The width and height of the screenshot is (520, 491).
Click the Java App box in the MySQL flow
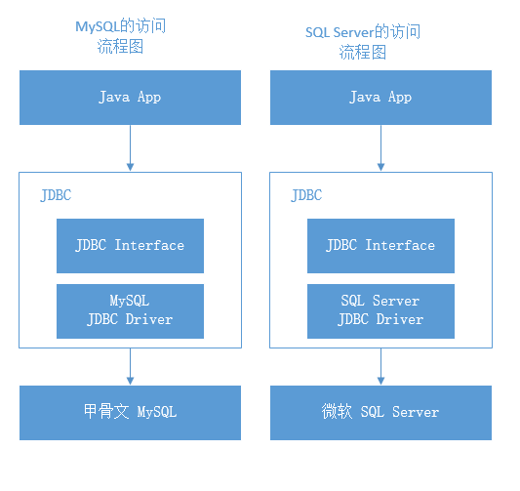(130, 97)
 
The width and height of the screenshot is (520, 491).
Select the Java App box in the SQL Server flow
(380, 97)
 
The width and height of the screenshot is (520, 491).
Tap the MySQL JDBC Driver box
(130, 310)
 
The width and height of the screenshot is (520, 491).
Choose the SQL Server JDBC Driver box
(380, 310)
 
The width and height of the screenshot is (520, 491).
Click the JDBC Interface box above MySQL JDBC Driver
(130, 245)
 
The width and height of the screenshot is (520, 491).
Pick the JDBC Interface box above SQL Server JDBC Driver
(380, 245)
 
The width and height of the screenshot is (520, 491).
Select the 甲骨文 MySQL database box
(130, 412)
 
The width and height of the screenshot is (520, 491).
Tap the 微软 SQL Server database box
(380, 412)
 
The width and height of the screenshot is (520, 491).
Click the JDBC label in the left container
(56, 195)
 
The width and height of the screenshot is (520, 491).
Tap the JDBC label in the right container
(306, 195)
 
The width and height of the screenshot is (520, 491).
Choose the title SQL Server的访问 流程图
(363, 42)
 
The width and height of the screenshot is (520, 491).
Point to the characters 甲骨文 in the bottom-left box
(104, 412)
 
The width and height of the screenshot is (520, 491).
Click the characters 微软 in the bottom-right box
(336, 412)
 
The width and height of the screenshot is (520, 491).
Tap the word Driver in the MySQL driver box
(151, 319)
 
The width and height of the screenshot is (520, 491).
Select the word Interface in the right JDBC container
(401, 245)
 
